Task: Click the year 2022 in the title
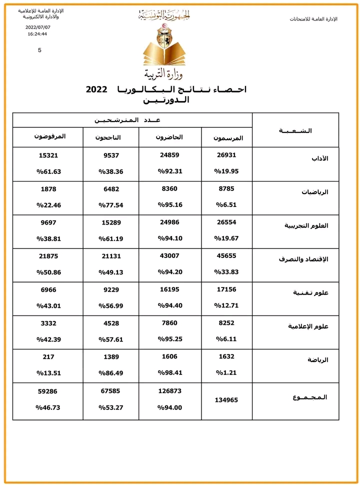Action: pyautogui.click(x=96, y=89)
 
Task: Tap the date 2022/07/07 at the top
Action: pyautogui.click(x=37, y=27)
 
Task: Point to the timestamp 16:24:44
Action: pyautogui.click(x=37, y=34)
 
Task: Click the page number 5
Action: pyautogui.click(x=39, y=50)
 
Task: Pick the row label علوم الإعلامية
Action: pyautogui.click(x=308, y=326)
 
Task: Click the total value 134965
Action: pyautogui.click(x=226, y=400)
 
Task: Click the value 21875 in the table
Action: pyautogui.click(x=48, y=256)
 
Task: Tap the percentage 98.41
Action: pyautogui.click(x=170, y=373)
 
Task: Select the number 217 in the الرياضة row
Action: pyautogui.click(x=48, y=357)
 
